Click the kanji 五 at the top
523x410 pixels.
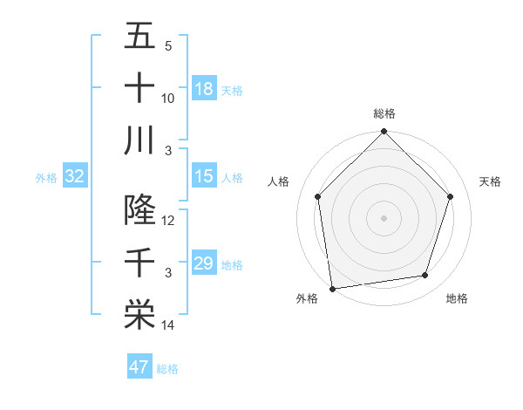(139, 38)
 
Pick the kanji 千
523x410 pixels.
(139, 263)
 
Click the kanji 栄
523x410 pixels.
(139, 314)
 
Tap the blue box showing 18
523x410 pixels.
(204, 89)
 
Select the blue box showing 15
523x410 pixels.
(204, 176)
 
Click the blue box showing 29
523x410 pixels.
(204, 263)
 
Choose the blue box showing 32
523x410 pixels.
(75, 176)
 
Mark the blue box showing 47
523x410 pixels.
(139, 367)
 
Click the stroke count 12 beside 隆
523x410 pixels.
(168, 221)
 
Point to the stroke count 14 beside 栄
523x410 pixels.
(168, 325)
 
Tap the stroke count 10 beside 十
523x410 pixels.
(168, 99)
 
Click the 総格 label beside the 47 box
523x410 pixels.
(167, 369)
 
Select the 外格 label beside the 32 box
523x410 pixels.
(46, 178)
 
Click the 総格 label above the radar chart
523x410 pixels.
(384, 113)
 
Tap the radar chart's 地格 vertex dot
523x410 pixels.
(425, 275)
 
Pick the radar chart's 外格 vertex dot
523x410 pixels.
(332, 288)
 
